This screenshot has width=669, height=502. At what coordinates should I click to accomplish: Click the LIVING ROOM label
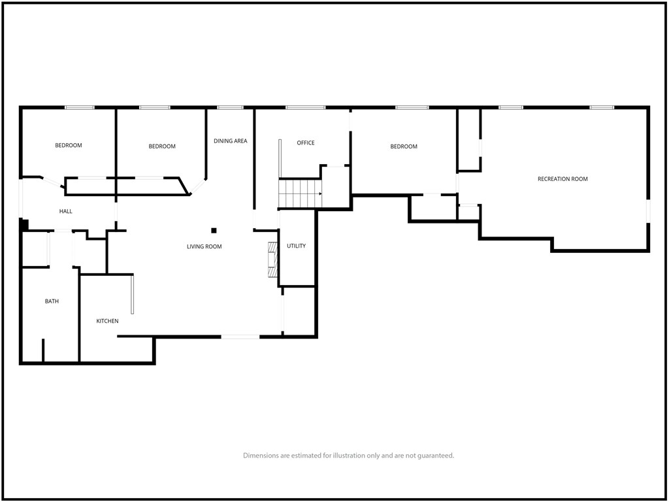[x=204, y=246]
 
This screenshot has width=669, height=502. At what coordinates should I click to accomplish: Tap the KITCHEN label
[x=107, y=321]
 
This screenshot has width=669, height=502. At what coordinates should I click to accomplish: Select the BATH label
[x=52, y=301]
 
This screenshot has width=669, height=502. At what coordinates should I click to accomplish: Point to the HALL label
[x=66, y=211]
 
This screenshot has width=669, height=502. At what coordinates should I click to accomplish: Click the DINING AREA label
[x=231, y=141]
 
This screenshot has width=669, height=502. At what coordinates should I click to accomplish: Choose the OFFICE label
[x=306, y=142]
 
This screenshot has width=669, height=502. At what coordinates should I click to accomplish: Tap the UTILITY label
[x=296, y=246]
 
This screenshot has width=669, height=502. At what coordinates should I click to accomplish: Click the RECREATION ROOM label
[x=563, y=179]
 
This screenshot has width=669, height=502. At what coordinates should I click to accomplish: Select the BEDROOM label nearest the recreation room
[x=404, y=146]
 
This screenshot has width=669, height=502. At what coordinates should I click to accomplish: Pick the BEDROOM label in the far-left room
[x=68, y=145]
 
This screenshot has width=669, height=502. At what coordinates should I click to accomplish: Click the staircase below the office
[x=300, y=193]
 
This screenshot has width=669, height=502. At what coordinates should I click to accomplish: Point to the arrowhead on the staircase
[x=320, y=193]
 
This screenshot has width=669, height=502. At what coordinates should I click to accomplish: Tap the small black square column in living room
[x=214, y=231]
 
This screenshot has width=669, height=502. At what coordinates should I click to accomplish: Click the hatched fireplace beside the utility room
[x=272, y=260]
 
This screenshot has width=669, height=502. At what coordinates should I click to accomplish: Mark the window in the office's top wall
[x=306, y=108]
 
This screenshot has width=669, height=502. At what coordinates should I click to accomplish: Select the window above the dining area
[x=230, y=108]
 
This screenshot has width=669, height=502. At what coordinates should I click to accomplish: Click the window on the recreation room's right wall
[x=647, y=211]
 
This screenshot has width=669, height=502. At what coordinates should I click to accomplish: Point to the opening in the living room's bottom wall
[x=240, y=337]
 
